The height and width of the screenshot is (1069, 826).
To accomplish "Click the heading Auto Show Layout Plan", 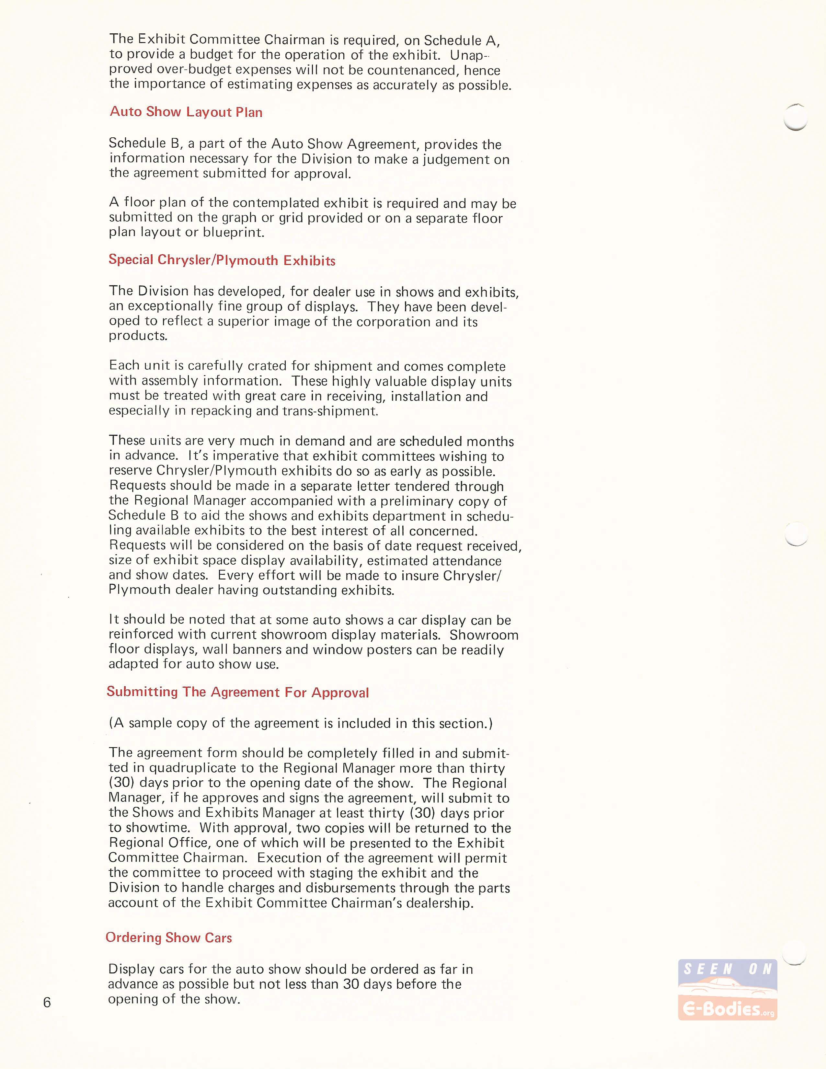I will point(186,112).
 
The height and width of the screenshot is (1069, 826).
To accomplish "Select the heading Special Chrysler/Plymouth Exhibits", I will point(222,260).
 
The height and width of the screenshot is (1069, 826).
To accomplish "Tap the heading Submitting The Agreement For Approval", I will point(238,692).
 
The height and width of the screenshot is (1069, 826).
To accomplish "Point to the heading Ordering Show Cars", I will point(168,937).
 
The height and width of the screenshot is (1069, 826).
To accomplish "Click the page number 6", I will point(47,1003).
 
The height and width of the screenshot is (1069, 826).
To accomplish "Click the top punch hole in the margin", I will point(795,118).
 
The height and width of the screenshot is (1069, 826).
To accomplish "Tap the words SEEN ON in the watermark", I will point(727,969).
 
